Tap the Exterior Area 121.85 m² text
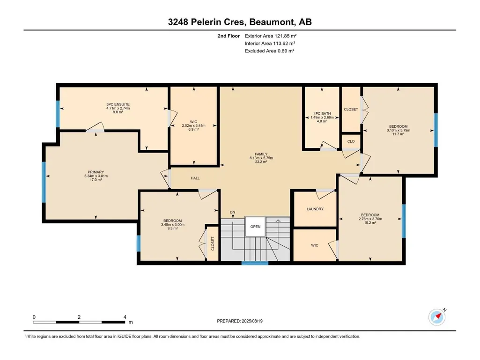tap(271, 36)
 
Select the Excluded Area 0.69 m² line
tap(269, 51)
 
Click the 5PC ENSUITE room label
tap(118, 104)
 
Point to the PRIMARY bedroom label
tap(96, 172)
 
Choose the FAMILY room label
tap(261, 154)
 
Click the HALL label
tap(195, 178)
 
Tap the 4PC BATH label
tap(322, 114)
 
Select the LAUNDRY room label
tap(315, 209)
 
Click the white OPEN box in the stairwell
tap(255, 227)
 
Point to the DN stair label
tap(233, 212)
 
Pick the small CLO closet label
tap(351, 141)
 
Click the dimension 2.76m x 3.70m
tap(370, 219)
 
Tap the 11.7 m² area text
tap(398, 134)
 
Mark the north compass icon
tap(437, 317)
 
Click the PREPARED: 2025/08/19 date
tap(240, 321)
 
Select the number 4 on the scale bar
tap(125, 317)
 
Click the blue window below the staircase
tap(255, 263)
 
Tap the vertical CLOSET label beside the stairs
tap(213, 244)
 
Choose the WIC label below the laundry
tap(315, 245)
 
